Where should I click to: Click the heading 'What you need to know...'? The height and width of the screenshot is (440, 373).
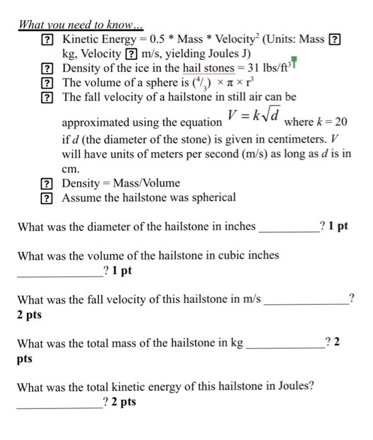[81, 26]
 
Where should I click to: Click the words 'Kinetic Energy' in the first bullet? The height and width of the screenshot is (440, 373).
[94, 40]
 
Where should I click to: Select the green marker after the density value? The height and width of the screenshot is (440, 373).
[294, 63]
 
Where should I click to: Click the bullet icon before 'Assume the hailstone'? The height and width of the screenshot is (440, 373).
[46, 198]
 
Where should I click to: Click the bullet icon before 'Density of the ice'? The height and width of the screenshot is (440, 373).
[46, 69]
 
